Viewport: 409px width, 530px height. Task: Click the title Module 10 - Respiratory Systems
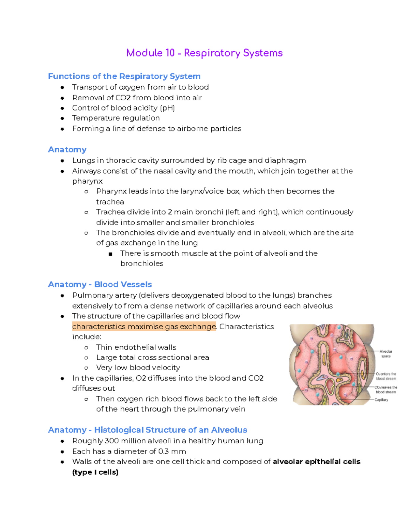coord(204,53)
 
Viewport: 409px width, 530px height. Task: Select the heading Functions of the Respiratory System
coord(124,76)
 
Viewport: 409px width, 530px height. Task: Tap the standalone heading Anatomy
coord(67,149)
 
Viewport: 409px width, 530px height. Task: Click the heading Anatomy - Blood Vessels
coord(100,284)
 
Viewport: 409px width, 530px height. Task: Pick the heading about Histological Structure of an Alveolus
coord(148,430)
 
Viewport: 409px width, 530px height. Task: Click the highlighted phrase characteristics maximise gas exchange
coord(144,327)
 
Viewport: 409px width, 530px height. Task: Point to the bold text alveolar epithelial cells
coord(317,461)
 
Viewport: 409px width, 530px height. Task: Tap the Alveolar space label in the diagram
coord(386,354)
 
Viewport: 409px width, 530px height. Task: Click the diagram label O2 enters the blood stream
coord(386,376)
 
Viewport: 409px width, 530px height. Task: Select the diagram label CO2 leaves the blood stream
coord(386,390)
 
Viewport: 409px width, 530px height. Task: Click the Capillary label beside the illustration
coord(381,400)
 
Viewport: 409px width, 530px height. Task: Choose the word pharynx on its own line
coord(87,181)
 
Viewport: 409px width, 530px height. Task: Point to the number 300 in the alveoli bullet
coord(111,441)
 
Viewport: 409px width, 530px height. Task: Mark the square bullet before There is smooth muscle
coord(110,254)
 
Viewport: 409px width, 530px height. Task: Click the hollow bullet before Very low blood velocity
coord(86,368)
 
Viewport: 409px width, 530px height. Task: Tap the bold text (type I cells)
coord(95,472)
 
